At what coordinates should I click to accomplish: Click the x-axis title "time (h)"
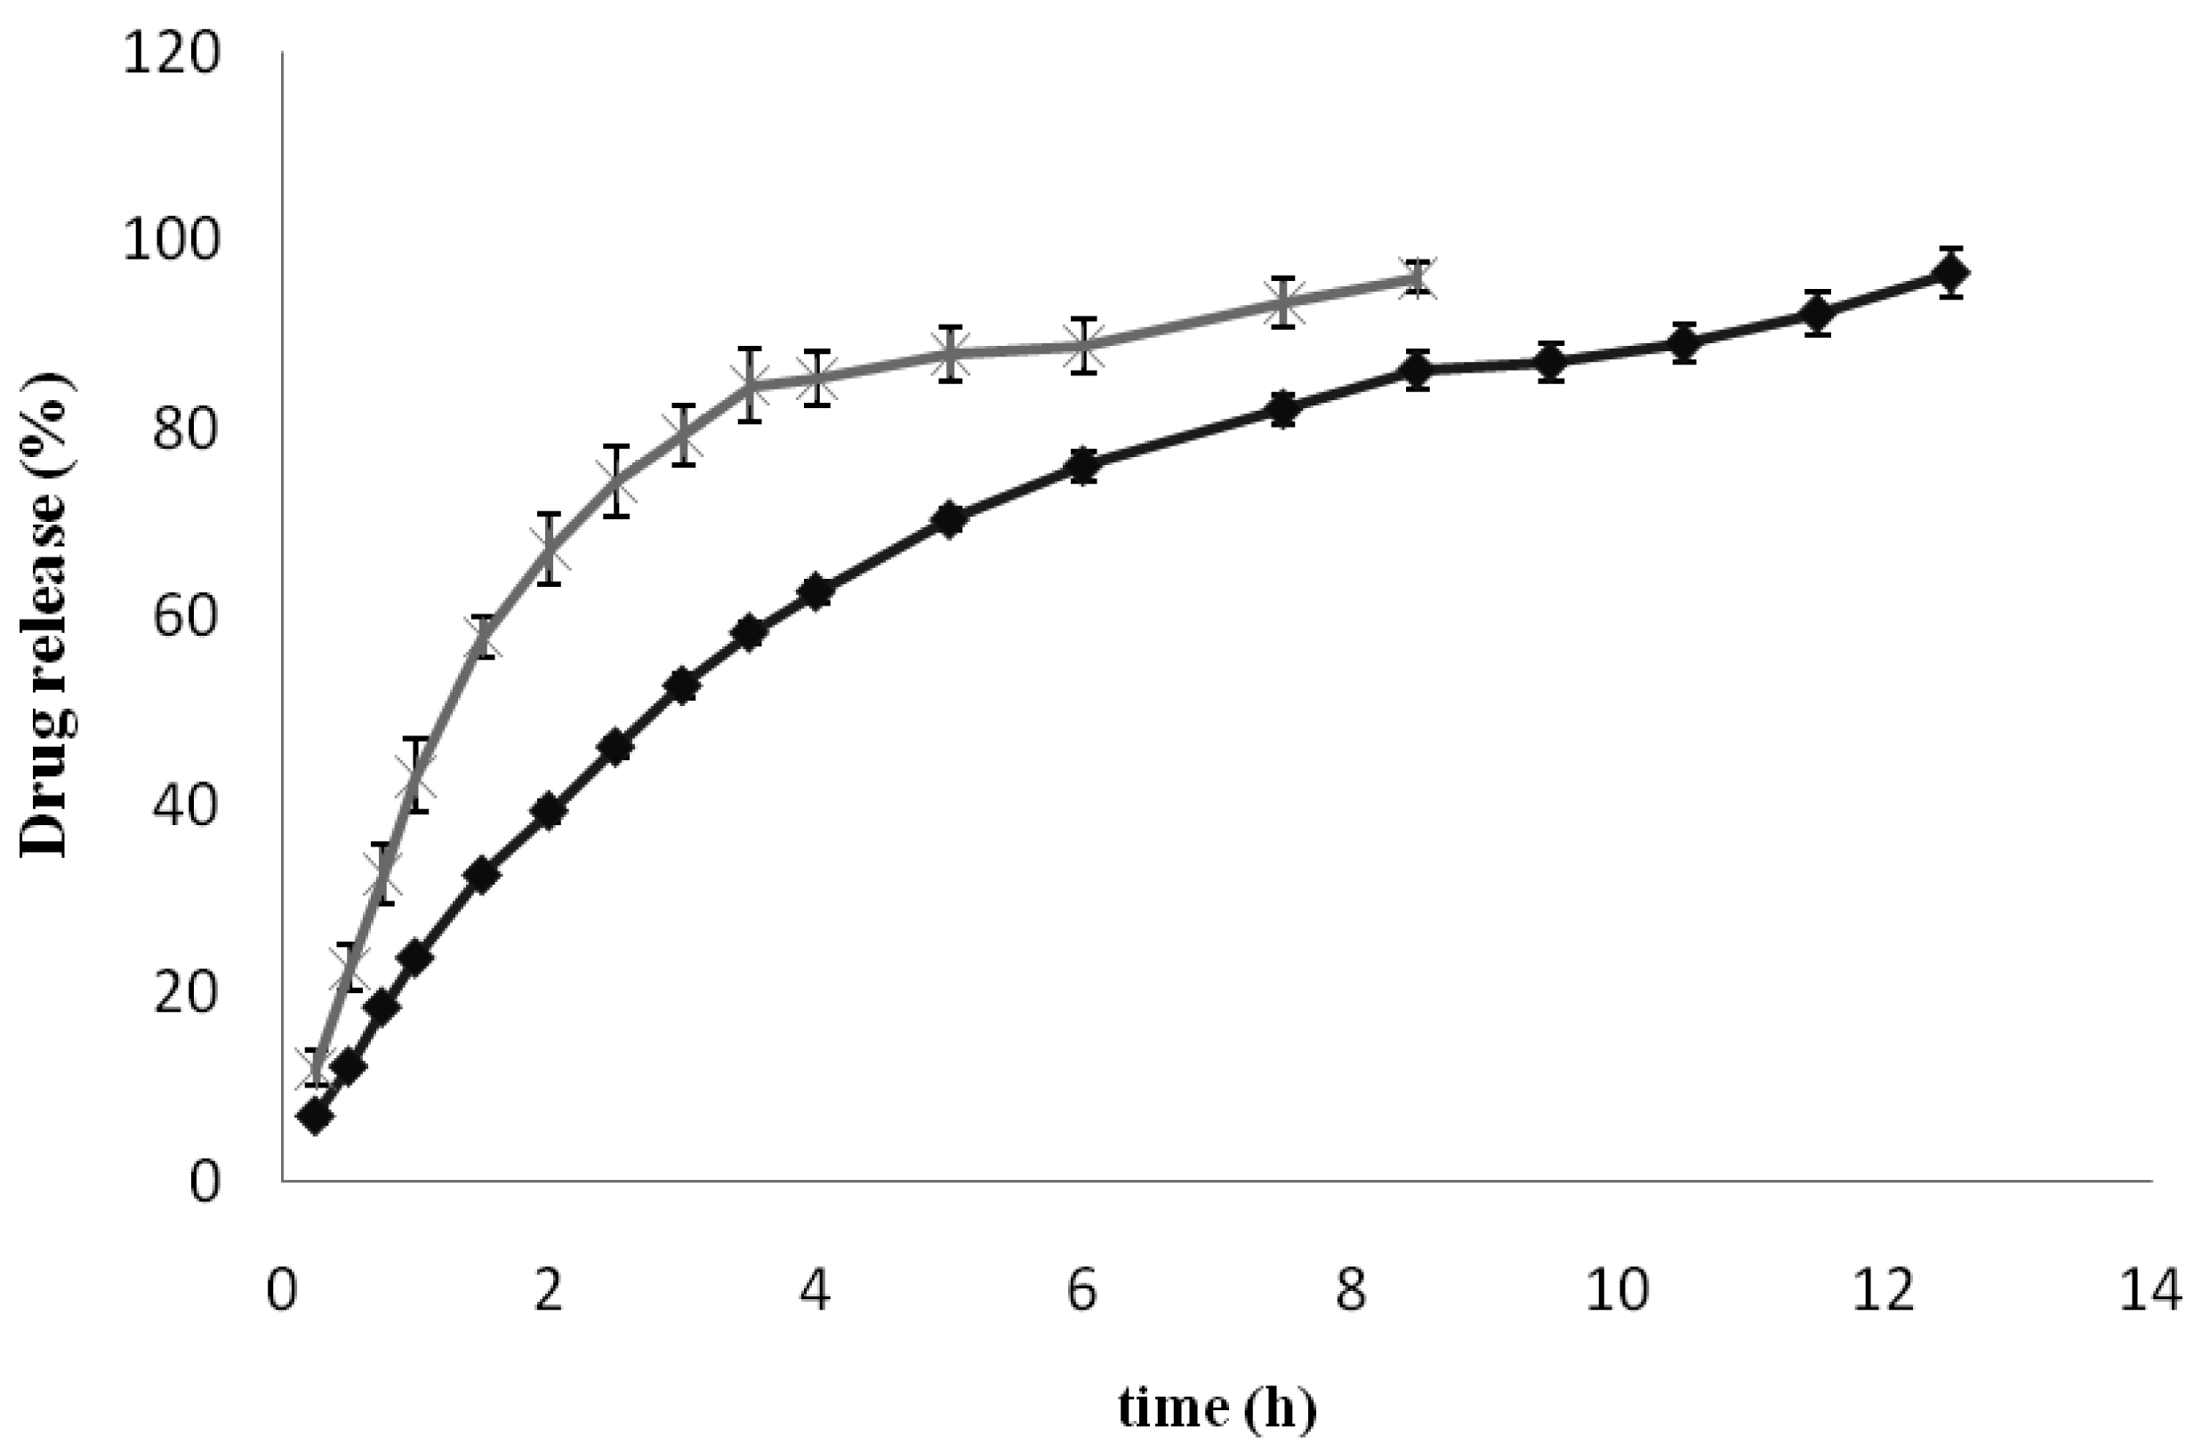click(1217, 1407)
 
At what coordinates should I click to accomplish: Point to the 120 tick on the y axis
click(172, 53)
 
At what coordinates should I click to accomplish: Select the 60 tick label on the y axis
click(185, 616)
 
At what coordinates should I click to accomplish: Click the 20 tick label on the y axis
click(185, 991)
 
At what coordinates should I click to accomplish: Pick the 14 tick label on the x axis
click(2150, 1290)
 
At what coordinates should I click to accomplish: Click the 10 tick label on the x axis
click(1617, 1290)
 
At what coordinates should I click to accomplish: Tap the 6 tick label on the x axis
click(1082, 1290)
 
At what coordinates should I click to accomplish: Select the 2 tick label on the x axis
click(548, 1290)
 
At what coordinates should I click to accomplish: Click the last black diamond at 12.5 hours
click(1951, 273)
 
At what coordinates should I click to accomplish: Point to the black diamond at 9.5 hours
click(1550, 361)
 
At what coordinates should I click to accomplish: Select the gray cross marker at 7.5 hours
click(1283, 303)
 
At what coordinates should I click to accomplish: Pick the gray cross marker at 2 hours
click(549, 550)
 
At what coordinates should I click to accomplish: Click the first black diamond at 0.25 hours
click(315, 1118)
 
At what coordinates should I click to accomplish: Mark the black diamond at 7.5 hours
click(1283, 409)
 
